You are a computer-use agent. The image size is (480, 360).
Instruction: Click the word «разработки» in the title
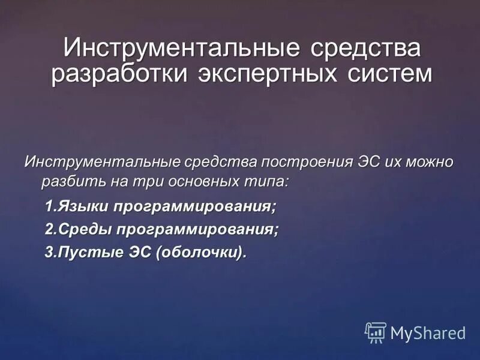(x=118, y=74)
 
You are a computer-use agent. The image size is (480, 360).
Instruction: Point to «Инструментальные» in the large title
(x=178, y=47)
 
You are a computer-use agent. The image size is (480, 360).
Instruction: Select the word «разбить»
(x=68, y=181)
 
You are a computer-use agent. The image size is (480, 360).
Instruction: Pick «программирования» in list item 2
(x=199, y=229)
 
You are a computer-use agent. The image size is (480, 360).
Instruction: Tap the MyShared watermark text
(x=428, y=333)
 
